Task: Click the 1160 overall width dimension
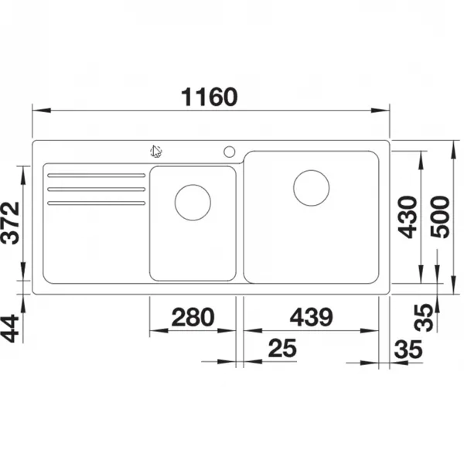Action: tap(210, 97)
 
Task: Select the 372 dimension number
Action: tap(10, 223)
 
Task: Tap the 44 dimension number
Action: tap(10, 329)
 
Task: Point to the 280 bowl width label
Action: tap(193, 317)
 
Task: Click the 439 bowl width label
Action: tap(312, 317)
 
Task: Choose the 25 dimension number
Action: tap(282, 348)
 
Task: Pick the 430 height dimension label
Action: tap(408, 217)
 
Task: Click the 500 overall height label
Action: tap(440, 217)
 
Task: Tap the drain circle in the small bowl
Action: tap(193, 203)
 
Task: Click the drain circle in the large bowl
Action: tap(312, 188)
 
